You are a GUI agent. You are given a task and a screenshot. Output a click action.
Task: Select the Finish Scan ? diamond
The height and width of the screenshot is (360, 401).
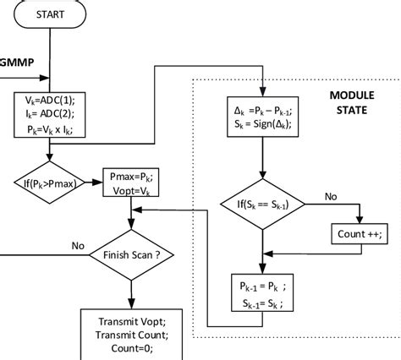[131, 254]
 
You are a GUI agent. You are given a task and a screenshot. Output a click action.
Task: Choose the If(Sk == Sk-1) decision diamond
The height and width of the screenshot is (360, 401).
[263, 204]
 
